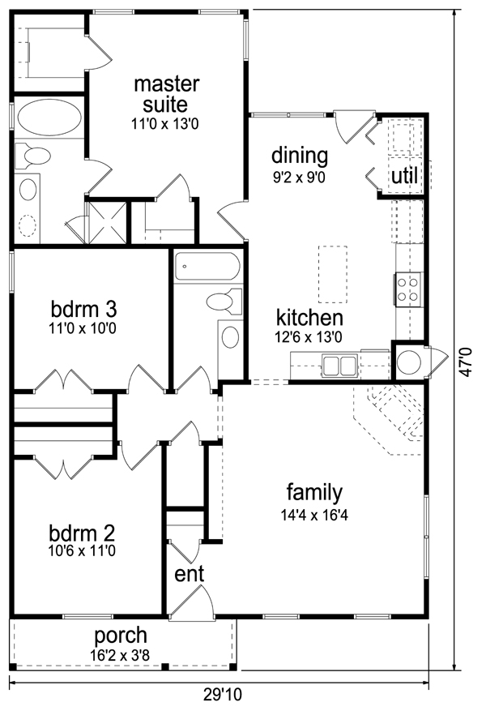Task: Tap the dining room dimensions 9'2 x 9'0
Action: pyautogui.click(x=299, y=175)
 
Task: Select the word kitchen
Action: pyautogui.click(x=309, y=318)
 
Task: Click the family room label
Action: pyautogui.click(x=314, y=492)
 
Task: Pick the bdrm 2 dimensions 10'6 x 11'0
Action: pyautogui.click(x=82, y=550)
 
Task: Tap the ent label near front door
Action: pyautogui.click(x=189, y=573)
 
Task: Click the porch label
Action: pyautogui.click(x=121, y=635)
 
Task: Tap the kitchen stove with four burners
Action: pyautogui.click(x=407, y=289)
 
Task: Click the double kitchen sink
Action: pyautogui.click(x=341, y=366)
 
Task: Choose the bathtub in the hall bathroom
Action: pyautogui.click(x=207, y=265)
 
